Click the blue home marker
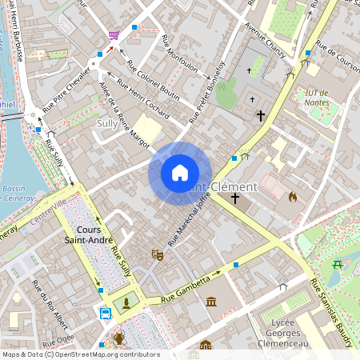180,173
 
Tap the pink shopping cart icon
114,36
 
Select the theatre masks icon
158,254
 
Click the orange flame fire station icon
292,195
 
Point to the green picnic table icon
338,264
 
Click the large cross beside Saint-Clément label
235,197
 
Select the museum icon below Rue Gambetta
211,302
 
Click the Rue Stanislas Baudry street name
331,312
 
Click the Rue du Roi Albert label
48,296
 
